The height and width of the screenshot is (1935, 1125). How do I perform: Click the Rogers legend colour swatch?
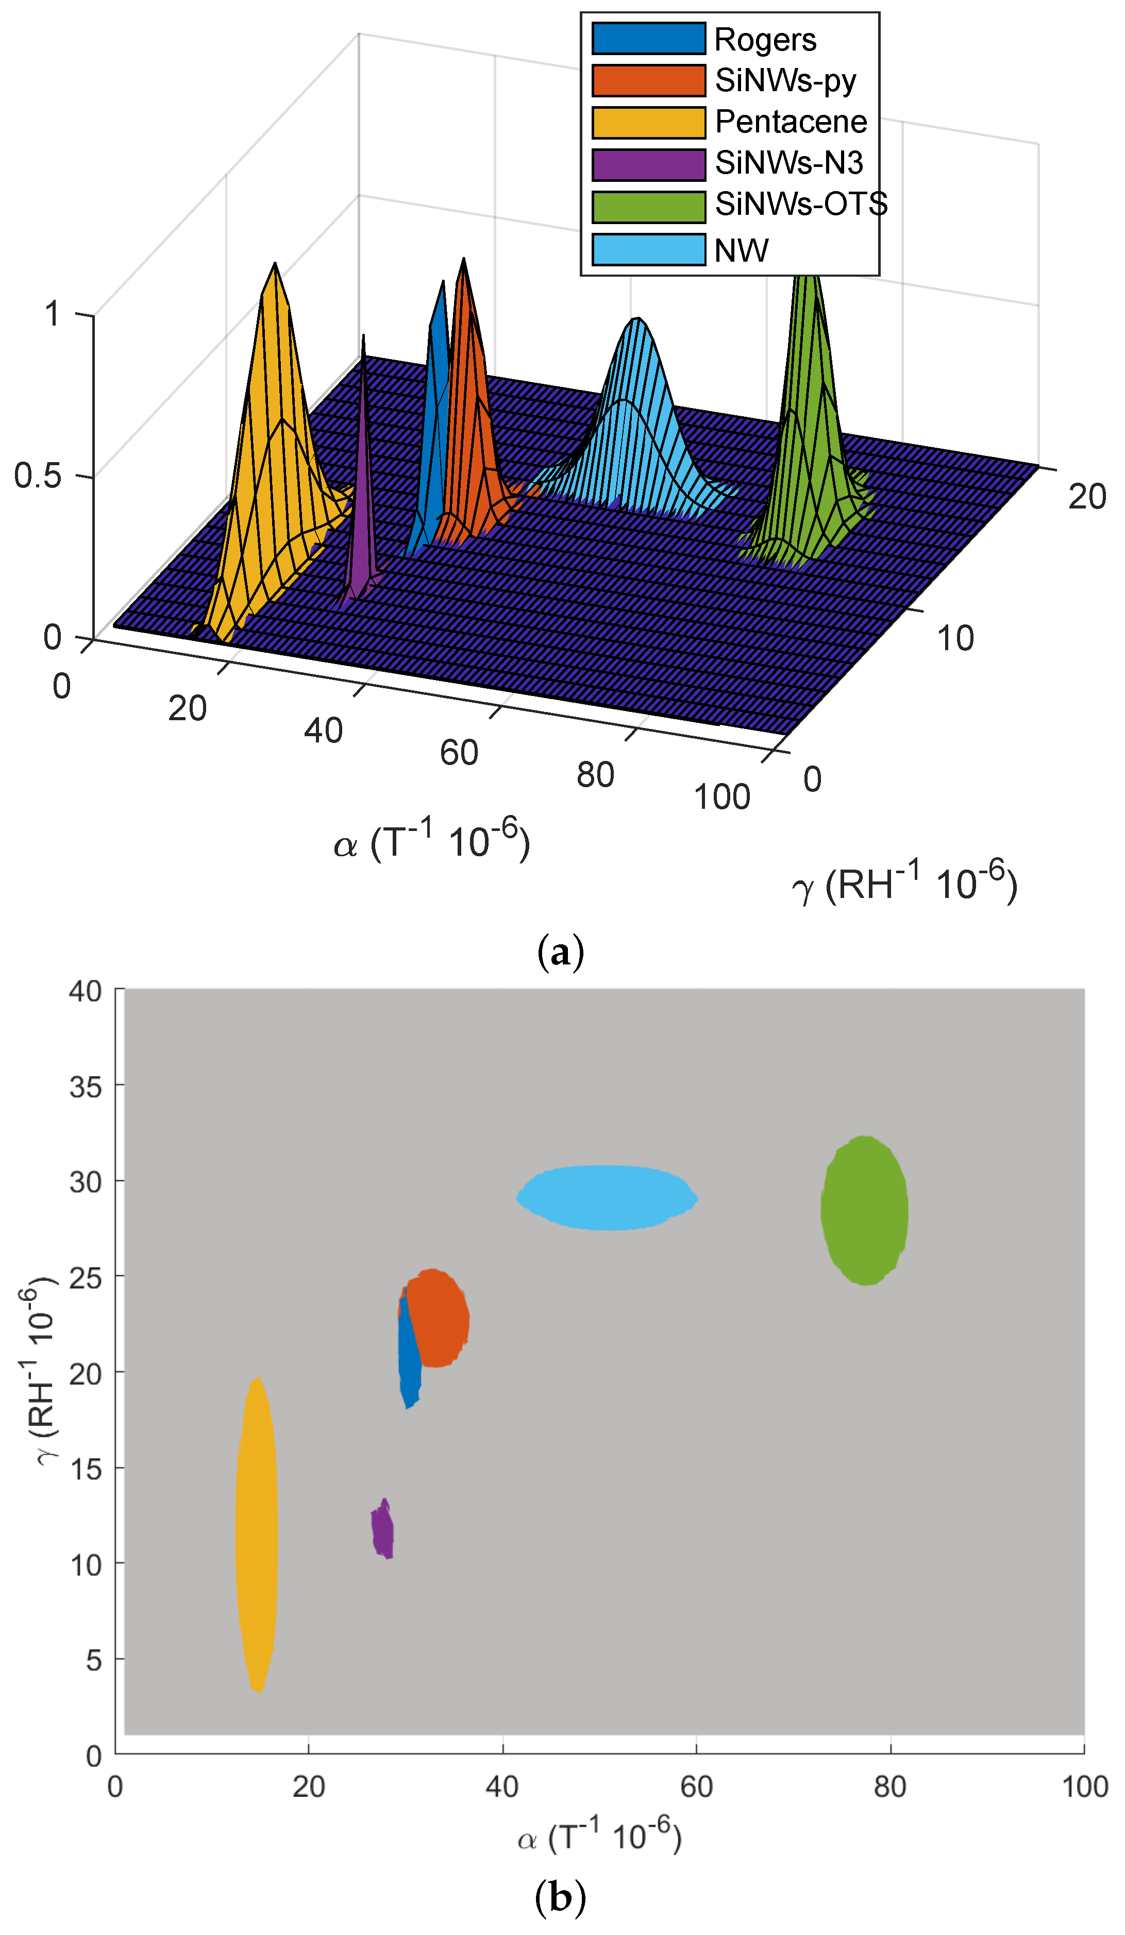coord(648,39)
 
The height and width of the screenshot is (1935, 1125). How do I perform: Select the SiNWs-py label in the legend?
coord(785,80)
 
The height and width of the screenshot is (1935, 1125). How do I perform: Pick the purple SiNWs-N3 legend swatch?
coord(648,163)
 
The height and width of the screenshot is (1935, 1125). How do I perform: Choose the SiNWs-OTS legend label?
coord(801,204)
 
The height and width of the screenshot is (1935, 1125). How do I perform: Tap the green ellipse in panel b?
coord(864,1210)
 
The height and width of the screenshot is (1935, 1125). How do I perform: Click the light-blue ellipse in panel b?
coord(607,1198)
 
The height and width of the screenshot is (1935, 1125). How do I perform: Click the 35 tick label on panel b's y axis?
coord(85,1088)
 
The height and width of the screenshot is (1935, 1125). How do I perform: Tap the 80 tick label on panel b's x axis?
coord(890,1787)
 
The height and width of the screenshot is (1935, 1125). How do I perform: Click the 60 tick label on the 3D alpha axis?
coord(459,753)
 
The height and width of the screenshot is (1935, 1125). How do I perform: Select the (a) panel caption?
coord(561,952)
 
